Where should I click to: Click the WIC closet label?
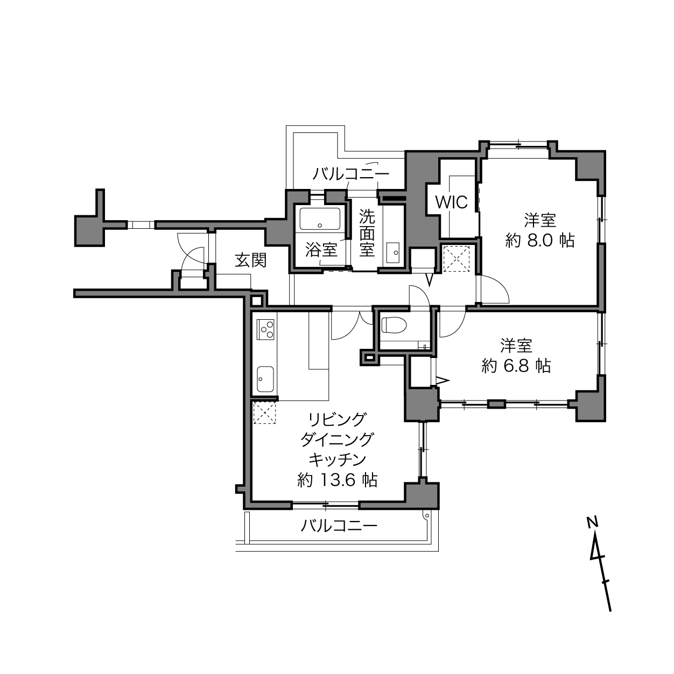click(x=451, y=202)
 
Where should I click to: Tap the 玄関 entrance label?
click(x=251, y=260)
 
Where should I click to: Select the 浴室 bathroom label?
click(x=321, y=249)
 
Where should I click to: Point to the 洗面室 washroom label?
click(x=367, y=233)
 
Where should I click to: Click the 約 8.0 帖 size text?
click(x=540, y=241)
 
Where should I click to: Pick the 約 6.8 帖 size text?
click(x=516, y=366)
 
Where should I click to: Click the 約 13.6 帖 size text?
click(x=337, y=480)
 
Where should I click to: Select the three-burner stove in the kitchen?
click(x=265, y=329)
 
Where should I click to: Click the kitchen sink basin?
click(x=265, y=379)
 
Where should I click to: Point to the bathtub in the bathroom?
click(x=320, y=219)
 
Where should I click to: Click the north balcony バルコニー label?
click(x=350, y=174)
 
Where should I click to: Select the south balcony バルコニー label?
click(x=339, y=525)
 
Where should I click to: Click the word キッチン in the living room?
click(x=337, y=460)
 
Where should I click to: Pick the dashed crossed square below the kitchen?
click(x=264, y=413)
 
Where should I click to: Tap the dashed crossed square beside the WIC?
click(x=456, y=259)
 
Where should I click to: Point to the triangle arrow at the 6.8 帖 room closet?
click(x=443, y=380)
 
